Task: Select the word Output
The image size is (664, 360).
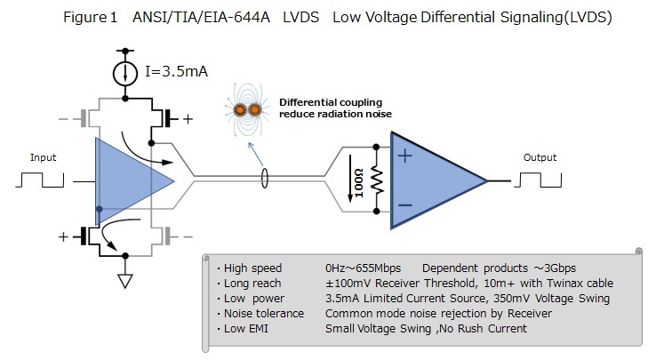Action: [540, 157]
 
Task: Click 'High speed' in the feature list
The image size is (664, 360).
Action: [252, 268]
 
